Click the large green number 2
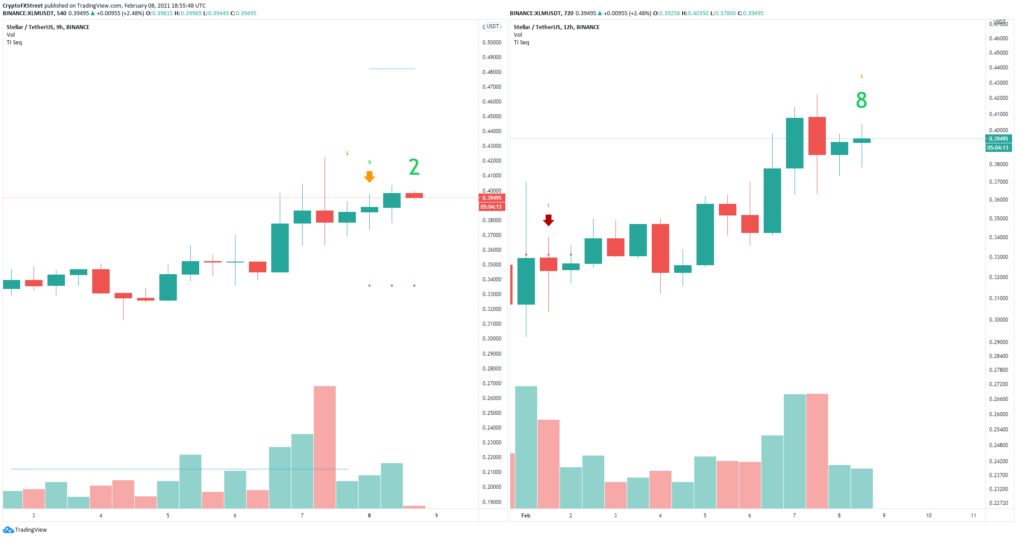click(x=414, y=167)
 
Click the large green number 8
click(x=861, y=100)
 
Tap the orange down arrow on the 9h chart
click(x=369, y=177)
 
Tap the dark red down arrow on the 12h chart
click(x=548, y=220)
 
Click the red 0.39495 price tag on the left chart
click(x=492, y=198)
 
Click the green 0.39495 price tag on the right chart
click(x=998, y=139)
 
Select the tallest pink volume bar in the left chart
click(x=325, y=447)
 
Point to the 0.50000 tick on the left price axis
click(x=491, y=43)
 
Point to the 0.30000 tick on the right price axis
click(x=998, y=320)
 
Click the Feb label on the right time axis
click(x=526, y=516)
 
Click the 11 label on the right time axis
click(x=973, y=516)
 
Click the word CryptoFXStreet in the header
click(x=23, y=6)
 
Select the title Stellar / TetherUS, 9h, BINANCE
click(x=48, y=27)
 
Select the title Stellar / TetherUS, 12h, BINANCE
click(x=556, y=27)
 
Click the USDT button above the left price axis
click(x=492, y=26)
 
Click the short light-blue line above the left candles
click(x=392, y=69)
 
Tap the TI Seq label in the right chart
click(x=521, y=43)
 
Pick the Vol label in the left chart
click(x=11, y=35)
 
